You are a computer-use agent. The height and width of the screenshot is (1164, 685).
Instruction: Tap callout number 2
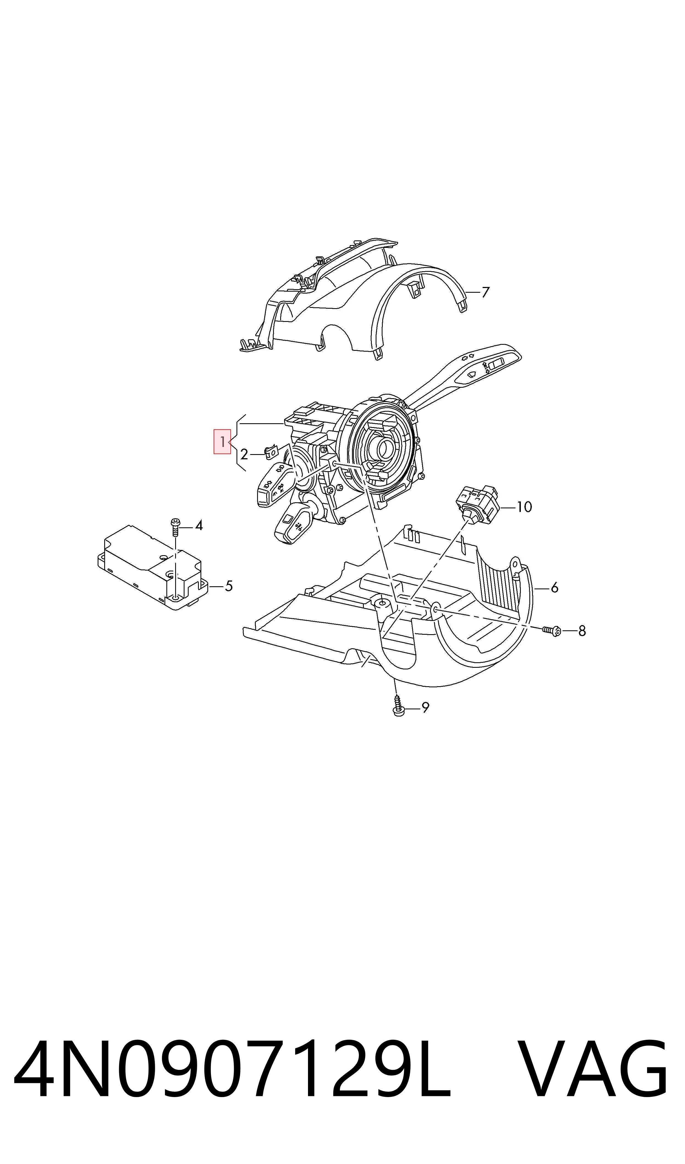[x=244, y=454]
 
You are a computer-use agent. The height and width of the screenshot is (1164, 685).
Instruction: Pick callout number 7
[x=485, y=292]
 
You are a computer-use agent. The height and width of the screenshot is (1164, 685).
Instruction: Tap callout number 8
[x=582, y=631]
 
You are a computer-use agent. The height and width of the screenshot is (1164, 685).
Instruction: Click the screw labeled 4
[x=175, y=527]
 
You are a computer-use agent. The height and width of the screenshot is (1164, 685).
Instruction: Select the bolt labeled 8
[x=552, y=630]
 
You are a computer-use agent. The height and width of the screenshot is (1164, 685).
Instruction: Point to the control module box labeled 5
[x=153, y=567]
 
